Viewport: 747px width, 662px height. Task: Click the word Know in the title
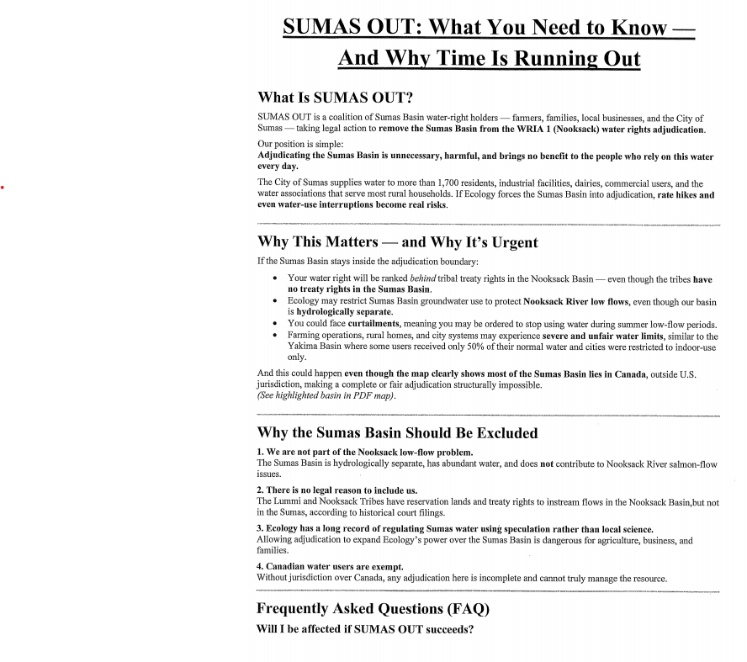click(x=638, y=27)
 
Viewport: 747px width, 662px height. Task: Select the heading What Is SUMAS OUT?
click(x=335, y=98)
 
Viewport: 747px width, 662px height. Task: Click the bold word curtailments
click(x=377, y=325)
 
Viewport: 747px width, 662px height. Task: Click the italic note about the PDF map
click(x=326, y=395)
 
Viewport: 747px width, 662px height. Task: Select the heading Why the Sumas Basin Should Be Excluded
click(x=397, y=434)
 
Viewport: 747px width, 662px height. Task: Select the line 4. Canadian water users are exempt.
click(x=330, y=567)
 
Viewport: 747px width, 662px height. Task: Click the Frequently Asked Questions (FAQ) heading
click(x=373, y=608)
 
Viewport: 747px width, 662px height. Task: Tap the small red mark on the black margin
click(x=3, y=186)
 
